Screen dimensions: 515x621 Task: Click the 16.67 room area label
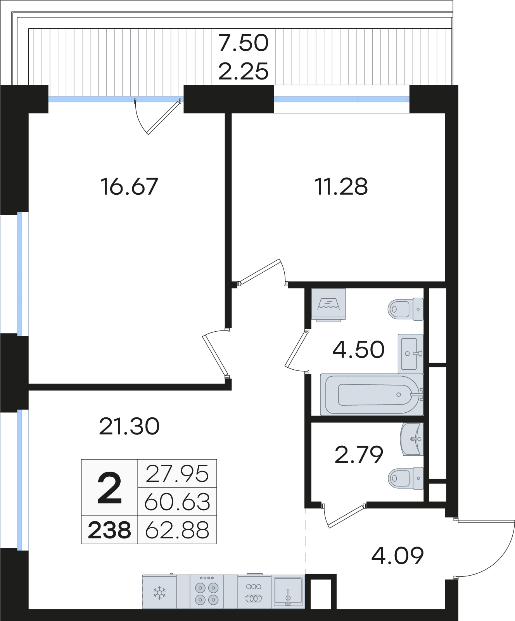pyautogui.click(x=129, y=187)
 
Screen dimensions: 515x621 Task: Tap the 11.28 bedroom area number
pyautogui.click(x=341, y=187)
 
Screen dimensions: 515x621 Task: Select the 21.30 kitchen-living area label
pyautogui.click(x=129, y=427)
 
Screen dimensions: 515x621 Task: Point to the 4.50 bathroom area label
pyautogui.click(x=358, y=349)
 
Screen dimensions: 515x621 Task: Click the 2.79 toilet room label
pyautogui.click(x=359, y=455)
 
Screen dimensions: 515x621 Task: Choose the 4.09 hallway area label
pyautogui.click(x=397, y=556)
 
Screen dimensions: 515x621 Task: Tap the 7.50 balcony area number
pyautogui.click(x=243, y=42)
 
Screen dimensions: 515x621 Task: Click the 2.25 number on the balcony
pyautogui.click(x=243, y=71)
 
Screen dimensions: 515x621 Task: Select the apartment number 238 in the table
pyautogui.click(x=109, y=530)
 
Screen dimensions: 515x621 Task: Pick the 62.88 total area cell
pyautogui.click(x=177, y=530)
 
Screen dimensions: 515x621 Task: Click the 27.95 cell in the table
pyautogui.click(x=177, y=474)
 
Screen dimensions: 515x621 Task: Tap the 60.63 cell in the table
pyautogui.click(x=177, y=502)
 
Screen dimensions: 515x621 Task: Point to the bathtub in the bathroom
pyautogui.click(x=372, y=394)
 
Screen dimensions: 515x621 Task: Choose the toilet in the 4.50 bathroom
pyautogui.click(x=406, y=309)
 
